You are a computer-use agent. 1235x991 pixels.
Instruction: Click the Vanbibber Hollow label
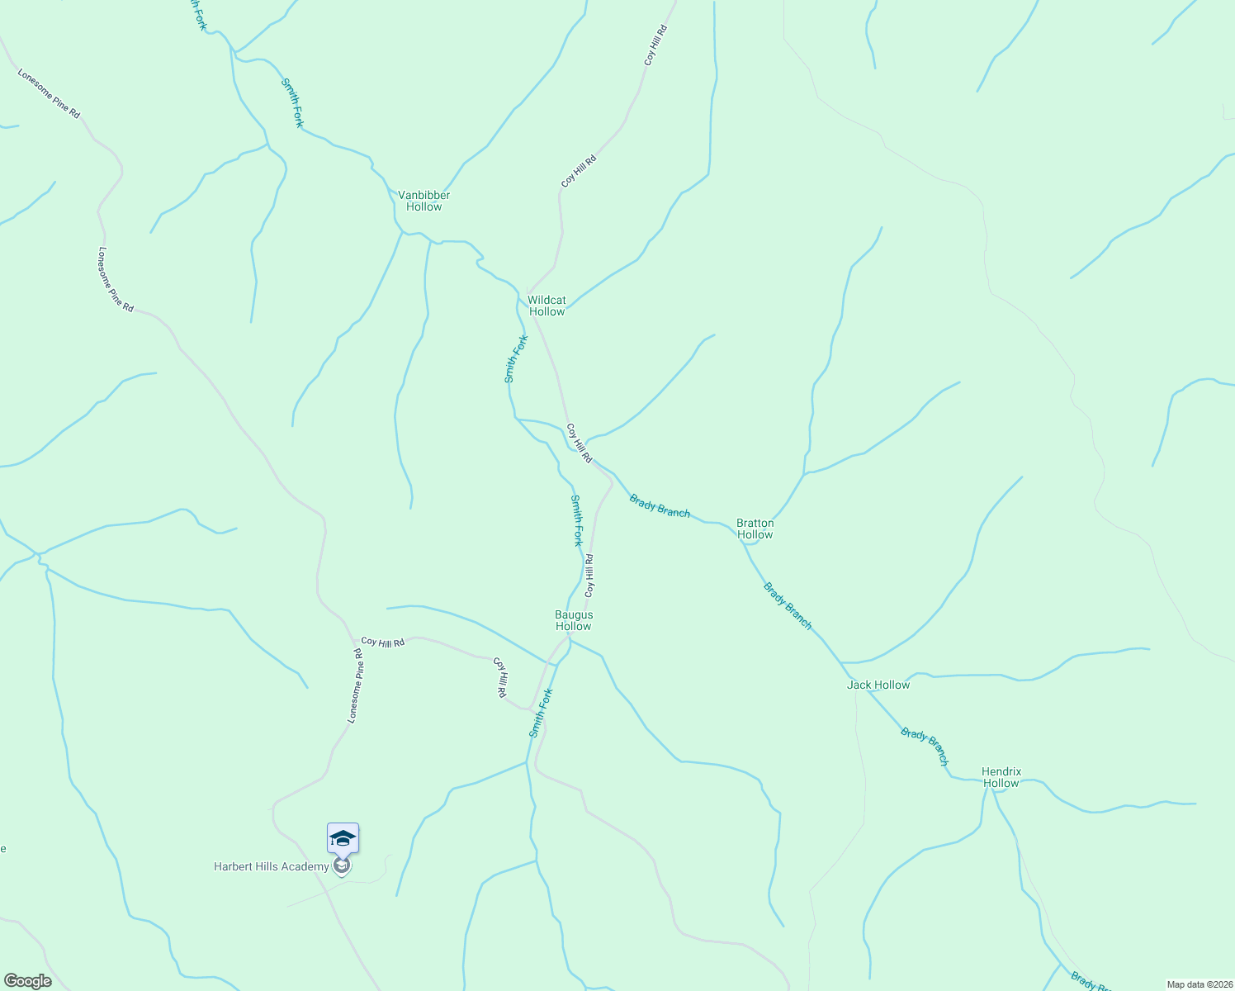(x=423, y=201)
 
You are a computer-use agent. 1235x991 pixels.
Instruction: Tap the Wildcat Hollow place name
(x=547, y=306)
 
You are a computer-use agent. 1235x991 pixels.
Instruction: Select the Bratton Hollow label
(x=755, y=529)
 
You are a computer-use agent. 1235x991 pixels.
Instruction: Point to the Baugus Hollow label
(x=573, y=620)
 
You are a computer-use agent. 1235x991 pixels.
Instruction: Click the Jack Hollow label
(x=878, y=685)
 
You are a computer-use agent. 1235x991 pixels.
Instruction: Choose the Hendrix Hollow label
(x=1001, y=777)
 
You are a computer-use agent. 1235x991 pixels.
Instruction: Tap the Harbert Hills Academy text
(x=271, y=866)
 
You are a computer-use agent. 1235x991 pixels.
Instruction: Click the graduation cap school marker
(x=343, y=839)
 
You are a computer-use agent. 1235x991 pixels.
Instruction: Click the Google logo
(x=26, y=981)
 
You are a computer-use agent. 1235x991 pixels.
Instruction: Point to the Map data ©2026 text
(x=1198, y=984)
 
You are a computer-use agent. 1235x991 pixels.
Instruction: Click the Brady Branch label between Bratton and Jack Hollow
(x=787, y=606)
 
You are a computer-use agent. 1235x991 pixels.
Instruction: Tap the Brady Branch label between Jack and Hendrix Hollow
(x=924, y=747)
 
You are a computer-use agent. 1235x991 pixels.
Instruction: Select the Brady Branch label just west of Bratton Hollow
(x=660, y=505)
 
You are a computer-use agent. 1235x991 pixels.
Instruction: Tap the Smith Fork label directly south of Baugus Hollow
(x=540, y=714)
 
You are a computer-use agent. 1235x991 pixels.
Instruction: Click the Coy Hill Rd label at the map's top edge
(x=655, y=45)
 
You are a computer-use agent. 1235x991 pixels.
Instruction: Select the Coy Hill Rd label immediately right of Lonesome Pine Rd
(x=383, y=642)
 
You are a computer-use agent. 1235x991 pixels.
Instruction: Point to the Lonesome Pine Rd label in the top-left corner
(x=49, y=93)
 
